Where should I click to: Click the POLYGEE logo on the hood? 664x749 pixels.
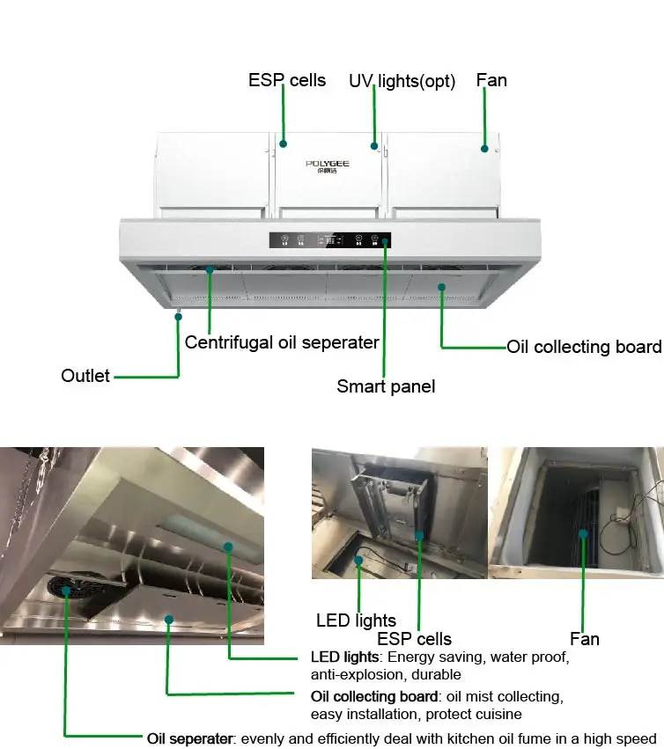click(328, 165)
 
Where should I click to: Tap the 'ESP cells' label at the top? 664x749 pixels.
click(286, 80)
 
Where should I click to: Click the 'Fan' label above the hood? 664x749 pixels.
click(491, 80)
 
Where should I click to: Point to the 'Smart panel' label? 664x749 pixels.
click(386, 386)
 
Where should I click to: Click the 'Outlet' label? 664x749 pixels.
click(85, 376)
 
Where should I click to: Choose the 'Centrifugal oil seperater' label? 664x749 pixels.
click(282, 342)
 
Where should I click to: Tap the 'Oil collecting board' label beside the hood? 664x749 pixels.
click(583, 347)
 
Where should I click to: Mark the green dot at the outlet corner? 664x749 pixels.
click(178, 315)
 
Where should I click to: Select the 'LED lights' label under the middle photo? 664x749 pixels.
click(356, 620)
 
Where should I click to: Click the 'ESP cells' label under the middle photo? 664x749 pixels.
click(414, 639)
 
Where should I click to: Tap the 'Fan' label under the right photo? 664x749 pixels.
click(584, 639)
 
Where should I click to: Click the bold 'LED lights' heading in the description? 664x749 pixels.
click(344, 657)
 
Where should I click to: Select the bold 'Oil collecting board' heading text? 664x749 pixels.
click(373, 697)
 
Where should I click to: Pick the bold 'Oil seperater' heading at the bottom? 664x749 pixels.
click(188, 738)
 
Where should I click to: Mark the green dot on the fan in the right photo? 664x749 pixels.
click(582, 533)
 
